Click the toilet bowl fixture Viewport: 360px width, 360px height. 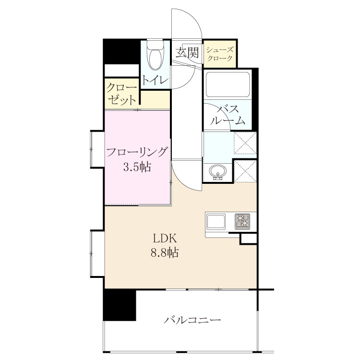click(x=156, y=55)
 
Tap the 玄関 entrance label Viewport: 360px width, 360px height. click(x=187, y=53)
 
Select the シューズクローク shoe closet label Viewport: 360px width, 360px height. click(x=220, y=54)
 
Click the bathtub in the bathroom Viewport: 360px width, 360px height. click(x=228, y=84)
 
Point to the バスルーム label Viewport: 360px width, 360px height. click(x=228, y=115)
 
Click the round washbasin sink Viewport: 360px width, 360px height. click(x=217, y=172)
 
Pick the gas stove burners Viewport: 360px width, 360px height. click(x=242, y=222)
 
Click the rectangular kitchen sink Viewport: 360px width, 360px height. click(x=216, y=222)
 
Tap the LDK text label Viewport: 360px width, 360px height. click(x=165, y=239)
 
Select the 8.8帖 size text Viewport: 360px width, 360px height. click(x=165, y=252)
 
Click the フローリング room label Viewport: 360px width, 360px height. click(x=137, y=152)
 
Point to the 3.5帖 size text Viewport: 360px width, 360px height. click(x=137, y=167)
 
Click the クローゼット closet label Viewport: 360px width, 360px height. click(x=121, y=94)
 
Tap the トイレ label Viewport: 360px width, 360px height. click(x=155, y=80)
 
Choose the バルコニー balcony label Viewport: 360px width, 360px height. click(x=192, y=320)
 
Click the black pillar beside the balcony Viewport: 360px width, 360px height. click(x=120, y=305)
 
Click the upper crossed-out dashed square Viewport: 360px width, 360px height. click(x=245, y=143)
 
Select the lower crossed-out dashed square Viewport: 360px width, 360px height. click(x=245, y=171)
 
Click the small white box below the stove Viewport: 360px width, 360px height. click(x=249, y=239)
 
